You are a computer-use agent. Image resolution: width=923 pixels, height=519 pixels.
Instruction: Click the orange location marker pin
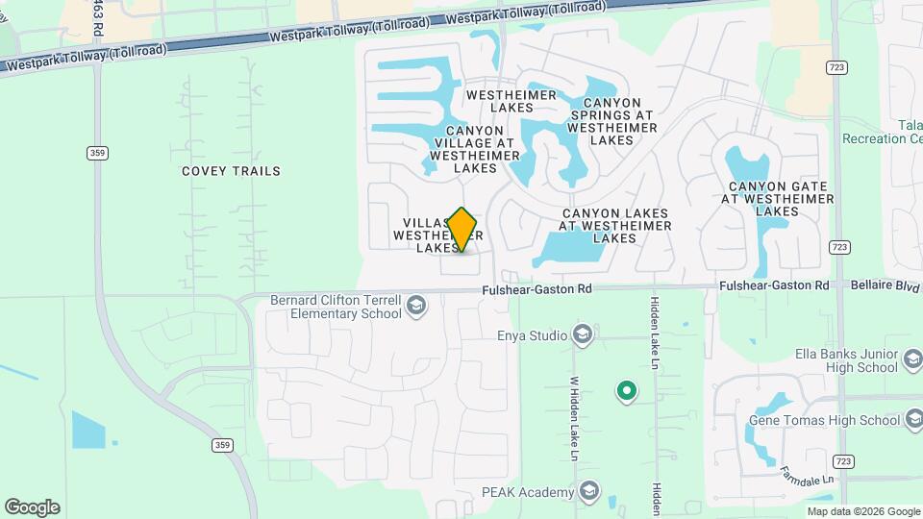[x=462, y=229]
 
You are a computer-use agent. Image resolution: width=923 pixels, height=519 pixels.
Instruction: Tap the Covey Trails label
[x=231, y=171]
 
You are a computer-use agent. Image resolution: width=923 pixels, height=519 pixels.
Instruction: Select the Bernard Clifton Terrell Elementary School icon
[x=416, y=307]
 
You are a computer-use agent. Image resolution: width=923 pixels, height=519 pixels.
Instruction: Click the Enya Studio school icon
[x=581, y=335]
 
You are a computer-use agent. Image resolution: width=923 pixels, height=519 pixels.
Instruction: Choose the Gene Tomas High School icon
[x=913, y=420]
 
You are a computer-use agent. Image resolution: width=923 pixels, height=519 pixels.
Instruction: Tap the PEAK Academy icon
[x=587, y=493]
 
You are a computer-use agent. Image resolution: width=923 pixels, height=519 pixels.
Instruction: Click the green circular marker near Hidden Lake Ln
[x=627, y=390]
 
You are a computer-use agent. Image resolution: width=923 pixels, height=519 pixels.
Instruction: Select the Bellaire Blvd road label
[x=886, y=285]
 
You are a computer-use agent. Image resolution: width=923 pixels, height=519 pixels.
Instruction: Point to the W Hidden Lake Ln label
[x=573, y=417]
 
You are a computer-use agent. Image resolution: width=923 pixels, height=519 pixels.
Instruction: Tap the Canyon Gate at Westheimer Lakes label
[x=777, y=199]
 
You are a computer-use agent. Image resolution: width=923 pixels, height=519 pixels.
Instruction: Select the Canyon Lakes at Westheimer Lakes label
[x=616, y=226]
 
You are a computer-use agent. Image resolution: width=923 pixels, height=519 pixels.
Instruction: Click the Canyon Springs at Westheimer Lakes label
[x=611, y=121]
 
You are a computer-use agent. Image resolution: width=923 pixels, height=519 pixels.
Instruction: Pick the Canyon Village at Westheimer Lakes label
[x=474, y=149]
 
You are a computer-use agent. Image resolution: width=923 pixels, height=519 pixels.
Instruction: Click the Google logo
[x=32, y=507]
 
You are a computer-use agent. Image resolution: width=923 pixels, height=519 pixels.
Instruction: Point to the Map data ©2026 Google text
[x=863, y=511]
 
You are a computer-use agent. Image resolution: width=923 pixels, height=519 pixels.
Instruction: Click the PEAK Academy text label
[x=527, y=493]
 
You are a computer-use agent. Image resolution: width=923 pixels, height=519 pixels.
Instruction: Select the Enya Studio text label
[x=531, y=335]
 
